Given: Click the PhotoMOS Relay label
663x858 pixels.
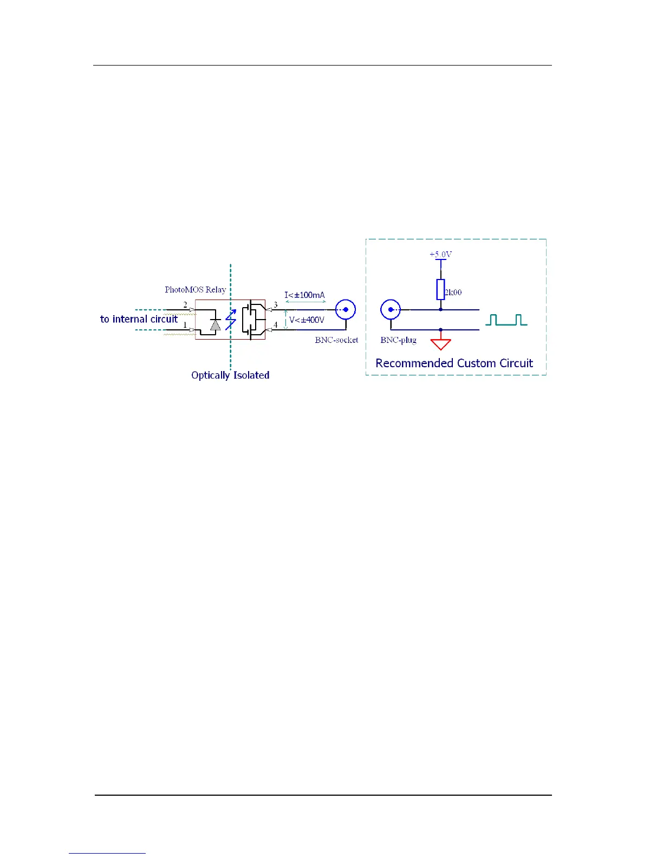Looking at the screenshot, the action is point(195,290).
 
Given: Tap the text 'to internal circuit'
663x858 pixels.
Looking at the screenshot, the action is point(139,319).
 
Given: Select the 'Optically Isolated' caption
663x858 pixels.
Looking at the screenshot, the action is point(230,375).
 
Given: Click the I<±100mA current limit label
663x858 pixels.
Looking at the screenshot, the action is point(305,295).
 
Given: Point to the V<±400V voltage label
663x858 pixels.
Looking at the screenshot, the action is point(307,320).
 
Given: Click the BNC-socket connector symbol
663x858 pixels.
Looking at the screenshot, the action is point(346,310).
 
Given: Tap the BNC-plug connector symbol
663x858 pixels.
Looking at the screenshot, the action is point(391,310).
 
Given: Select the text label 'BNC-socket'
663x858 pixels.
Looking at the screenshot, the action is point(336,340).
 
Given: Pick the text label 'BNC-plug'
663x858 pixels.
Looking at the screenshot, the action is point(398,340).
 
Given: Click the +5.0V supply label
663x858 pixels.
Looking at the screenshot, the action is point(440,254).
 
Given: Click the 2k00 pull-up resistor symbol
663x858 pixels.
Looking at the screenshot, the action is point(440,290).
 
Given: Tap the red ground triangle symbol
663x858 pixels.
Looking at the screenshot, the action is point(440,344).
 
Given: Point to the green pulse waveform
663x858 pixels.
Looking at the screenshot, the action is point(506,320).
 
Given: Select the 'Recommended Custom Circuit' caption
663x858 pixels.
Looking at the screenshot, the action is point(454,363).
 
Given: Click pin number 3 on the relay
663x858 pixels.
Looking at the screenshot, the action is point(276,305).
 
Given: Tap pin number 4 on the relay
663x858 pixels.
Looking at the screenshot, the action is point(276,325).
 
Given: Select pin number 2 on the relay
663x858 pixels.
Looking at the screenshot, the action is point(185,305).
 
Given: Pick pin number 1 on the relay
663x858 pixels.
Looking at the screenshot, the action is point(185,325).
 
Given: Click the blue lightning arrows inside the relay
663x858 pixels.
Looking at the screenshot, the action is point(231,320).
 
